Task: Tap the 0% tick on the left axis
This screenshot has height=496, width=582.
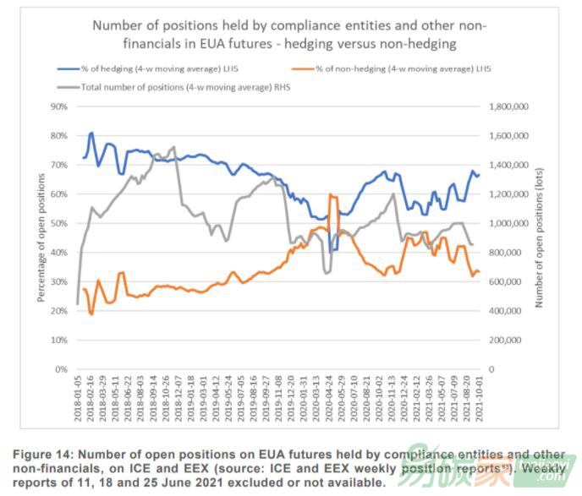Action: click(61, 369)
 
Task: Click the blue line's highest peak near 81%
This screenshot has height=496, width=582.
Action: click(91, 133)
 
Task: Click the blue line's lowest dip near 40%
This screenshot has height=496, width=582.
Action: click(332, 251)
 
